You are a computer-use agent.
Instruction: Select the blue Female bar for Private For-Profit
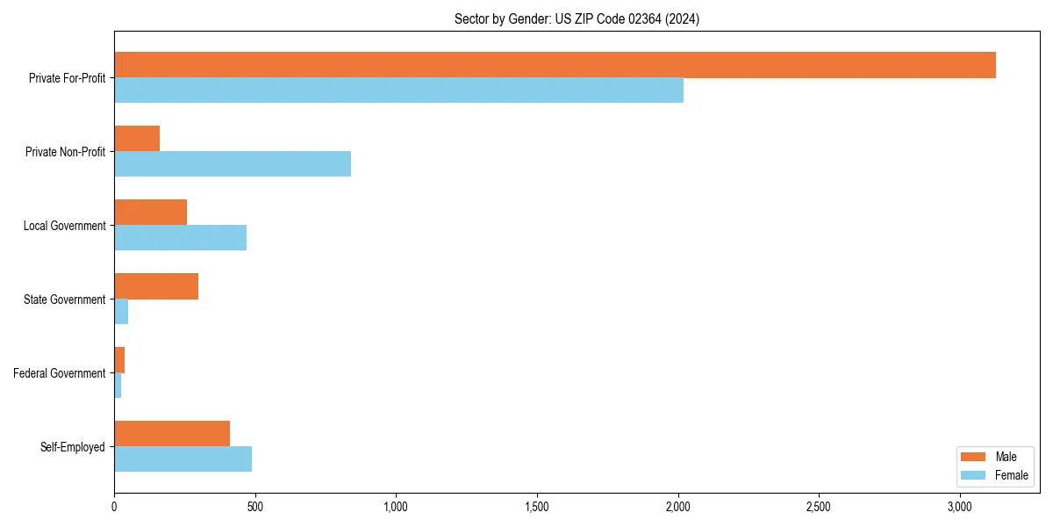[398, 90]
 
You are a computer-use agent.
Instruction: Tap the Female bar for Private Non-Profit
[233, 164]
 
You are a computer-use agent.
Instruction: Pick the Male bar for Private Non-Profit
[137, 139]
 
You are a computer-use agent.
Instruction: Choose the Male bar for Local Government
[150, 213]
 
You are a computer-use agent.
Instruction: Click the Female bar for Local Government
[180, 238]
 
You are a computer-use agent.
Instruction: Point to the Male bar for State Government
[156, 286]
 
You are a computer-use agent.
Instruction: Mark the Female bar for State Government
[121, 312]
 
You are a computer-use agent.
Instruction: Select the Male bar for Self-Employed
[172, 434]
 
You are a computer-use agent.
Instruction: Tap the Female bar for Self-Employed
[183, 459]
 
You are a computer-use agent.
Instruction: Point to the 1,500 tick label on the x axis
[537, 507]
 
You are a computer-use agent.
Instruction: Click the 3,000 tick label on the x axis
[960, 507]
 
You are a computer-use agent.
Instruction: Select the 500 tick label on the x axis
[255, 507]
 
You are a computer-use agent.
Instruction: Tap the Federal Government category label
[60, 373]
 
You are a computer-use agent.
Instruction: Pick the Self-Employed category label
[73, 447]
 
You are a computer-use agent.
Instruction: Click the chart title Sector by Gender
[577, 18]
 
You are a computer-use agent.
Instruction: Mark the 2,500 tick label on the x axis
[819, 507]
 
